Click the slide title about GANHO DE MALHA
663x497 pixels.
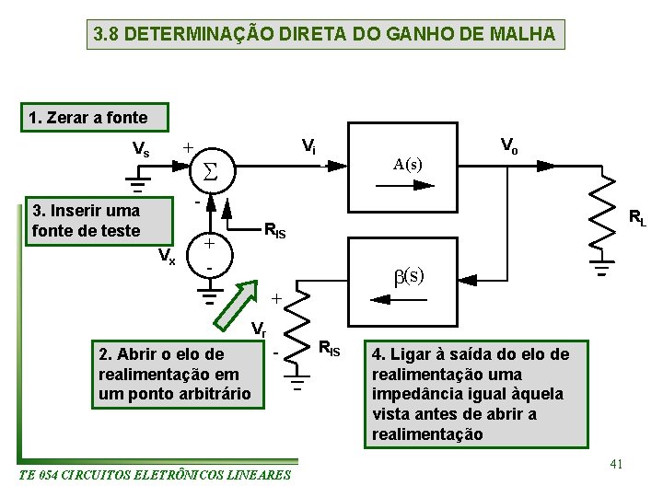(325, 35)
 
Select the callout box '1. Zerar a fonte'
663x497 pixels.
(87, 118)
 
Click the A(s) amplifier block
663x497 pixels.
(408, 166)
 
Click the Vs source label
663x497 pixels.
(142, 148)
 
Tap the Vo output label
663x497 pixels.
(508, 144)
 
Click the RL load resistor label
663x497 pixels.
(637, 218)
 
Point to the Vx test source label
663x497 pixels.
(166, 256)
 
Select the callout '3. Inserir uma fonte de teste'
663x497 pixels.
(87, 220)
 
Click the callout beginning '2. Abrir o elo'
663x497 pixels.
(175, 374)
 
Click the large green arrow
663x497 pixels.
(236, 305)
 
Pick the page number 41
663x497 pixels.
(617, 464)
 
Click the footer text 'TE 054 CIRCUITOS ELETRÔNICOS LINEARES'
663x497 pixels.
(155, 475)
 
